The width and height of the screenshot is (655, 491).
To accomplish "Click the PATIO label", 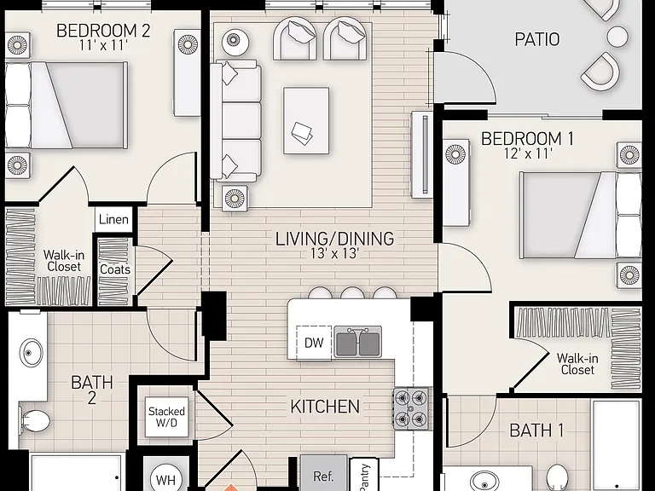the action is (x=536, y=39).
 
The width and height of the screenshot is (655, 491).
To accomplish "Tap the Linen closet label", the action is (x=113, y=219).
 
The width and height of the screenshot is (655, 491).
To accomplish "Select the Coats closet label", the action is (x=115, y=269).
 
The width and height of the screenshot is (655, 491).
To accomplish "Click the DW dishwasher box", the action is (x=314, y=343).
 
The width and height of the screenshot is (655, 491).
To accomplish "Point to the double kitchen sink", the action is (x=358, y=343).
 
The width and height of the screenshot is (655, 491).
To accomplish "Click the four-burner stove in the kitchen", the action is (x=410, y=408).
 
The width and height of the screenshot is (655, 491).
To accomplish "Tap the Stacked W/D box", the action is (x=166, y=417).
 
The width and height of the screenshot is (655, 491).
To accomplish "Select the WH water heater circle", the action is (x=165, y=479).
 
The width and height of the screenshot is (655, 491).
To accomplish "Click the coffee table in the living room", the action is (x=306, y=121).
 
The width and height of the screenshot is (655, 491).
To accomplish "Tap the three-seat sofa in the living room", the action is (x=236, y=121).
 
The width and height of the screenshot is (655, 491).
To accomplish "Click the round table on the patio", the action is (x=617, y=36).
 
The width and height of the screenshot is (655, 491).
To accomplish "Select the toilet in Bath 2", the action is (x=35, y=420).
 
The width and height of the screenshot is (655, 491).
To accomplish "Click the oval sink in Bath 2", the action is (x=31, y=353).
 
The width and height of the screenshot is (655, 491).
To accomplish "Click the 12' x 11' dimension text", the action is (x=528, y=154).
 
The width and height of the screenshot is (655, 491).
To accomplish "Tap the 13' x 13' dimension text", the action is (x=334, y=253).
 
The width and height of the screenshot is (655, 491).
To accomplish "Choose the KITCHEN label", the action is (x=325, y=407).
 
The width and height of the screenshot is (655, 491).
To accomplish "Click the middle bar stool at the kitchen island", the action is (x=352, y=292).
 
